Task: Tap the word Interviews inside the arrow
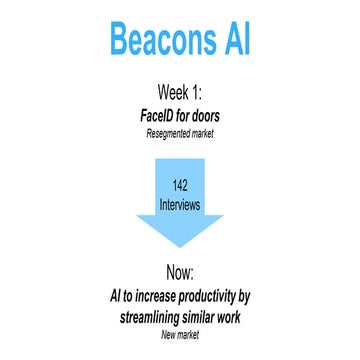(179, 205)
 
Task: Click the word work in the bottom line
(254, 318)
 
